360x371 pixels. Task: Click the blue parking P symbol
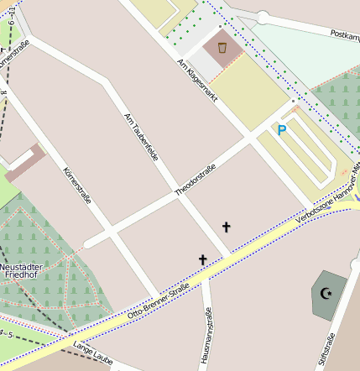[x=282, y=130]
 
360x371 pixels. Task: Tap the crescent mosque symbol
[x=325, y=293]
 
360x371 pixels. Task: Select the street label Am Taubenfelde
[x=141, y=138]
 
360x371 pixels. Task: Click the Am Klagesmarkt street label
[x=198, y=81]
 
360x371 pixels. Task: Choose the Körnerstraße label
[x=76, y=185]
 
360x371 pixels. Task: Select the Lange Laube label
[x=92, y=353]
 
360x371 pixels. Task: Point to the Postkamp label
[x=345, y=35]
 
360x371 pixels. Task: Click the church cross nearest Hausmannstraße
[x=202, y=260]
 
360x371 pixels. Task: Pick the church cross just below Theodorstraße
[x=226, y=227]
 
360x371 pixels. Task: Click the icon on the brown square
[x=222, y=49]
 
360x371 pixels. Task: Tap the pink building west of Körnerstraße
[x=25, y=163]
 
